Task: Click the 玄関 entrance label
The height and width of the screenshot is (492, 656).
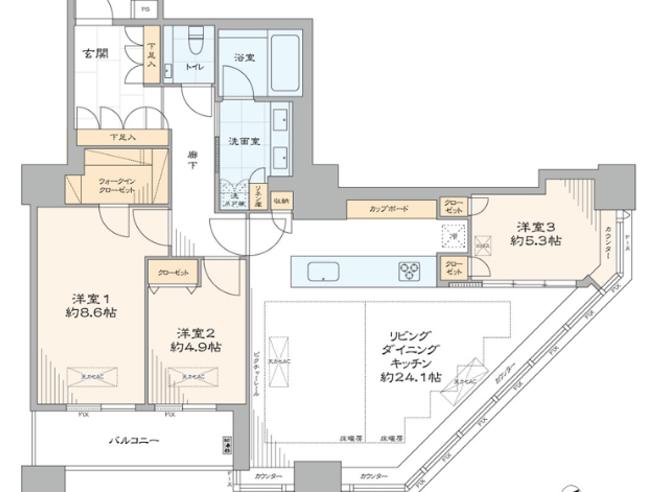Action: tap(96, 53)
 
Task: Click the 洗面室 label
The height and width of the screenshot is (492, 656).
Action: tap(244, 141)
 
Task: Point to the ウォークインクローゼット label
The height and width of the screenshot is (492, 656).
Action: tap(117, 186)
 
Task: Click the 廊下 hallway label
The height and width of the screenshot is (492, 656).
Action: tap(193, 159)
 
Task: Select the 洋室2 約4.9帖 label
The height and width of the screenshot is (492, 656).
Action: tap(196, 340)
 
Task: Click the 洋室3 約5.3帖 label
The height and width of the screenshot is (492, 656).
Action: tap(536, 234)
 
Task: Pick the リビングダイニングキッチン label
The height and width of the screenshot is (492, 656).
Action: tap(410, 356)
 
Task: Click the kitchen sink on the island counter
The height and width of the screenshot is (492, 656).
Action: tap(323, 272)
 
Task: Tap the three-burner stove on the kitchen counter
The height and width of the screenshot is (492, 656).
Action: tap(409, 271)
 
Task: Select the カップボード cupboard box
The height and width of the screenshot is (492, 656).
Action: tap(391, 209)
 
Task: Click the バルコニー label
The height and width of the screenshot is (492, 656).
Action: tap(134, 440)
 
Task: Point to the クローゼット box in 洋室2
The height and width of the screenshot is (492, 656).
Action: tap(173, 272)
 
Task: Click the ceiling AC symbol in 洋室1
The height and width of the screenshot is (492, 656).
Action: tap(92, 377)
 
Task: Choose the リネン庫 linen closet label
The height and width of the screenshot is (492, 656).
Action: tap(258, 196)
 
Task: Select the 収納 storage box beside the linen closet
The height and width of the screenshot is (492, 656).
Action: tap(281, 201)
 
